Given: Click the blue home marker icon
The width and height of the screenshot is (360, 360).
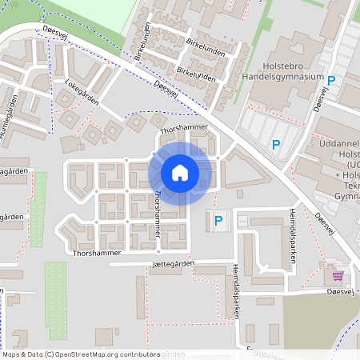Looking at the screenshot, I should pos(180,172).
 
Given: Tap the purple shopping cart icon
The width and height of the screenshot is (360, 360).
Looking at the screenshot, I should pos(338,275).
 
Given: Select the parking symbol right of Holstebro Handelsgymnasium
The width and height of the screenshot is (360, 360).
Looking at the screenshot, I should pos(330,81).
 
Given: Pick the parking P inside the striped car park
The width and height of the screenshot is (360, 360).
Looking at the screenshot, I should pos(276,145).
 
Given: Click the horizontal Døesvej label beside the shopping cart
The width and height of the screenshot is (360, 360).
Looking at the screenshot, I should pos(342,291).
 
